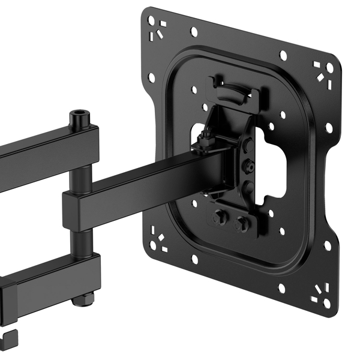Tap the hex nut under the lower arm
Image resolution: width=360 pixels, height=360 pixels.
[83, 298]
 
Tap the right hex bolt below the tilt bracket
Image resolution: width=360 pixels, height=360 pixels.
[242, 224]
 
